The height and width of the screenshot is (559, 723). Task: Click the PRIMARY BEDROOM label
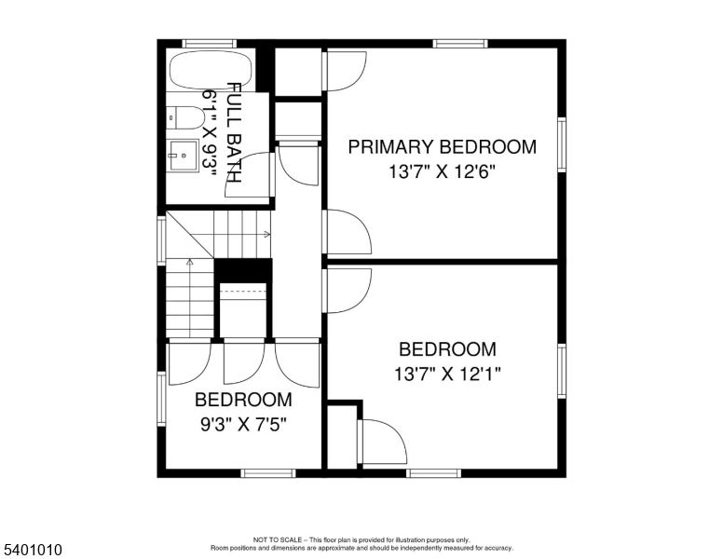pos(442,146)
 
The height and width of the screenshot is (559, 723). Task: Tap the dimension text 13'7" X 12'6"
pos(442,171)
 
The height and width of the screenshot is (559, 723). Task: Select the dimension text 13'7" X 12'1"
pos(447,375)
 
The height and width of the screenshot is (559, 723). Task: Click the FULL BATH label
pos(234,131)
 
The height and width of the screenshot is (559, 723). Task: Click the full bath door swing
pos(252,175)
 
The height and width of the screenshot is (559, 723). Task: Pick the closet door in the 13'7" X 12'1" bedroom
pos(382,442)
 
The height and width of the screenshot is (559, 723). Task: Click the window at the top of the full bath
pos(209,43)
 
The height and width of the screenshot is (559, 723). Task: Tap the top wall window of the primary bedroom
pos(459,43)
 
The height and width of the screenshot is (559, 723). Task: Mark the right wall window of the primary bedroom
pos(562,144)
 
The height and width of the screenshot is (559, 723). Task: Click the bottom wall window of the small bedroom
pos(268,473)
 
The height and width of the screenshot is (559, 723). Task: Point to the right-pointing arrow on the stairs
pos(266,235)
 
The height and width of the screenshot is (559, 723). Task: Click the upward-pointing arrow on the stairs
pos(190,263)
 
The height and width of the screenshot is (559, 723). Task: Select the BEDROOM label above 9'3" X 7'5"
pos(242,400)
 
